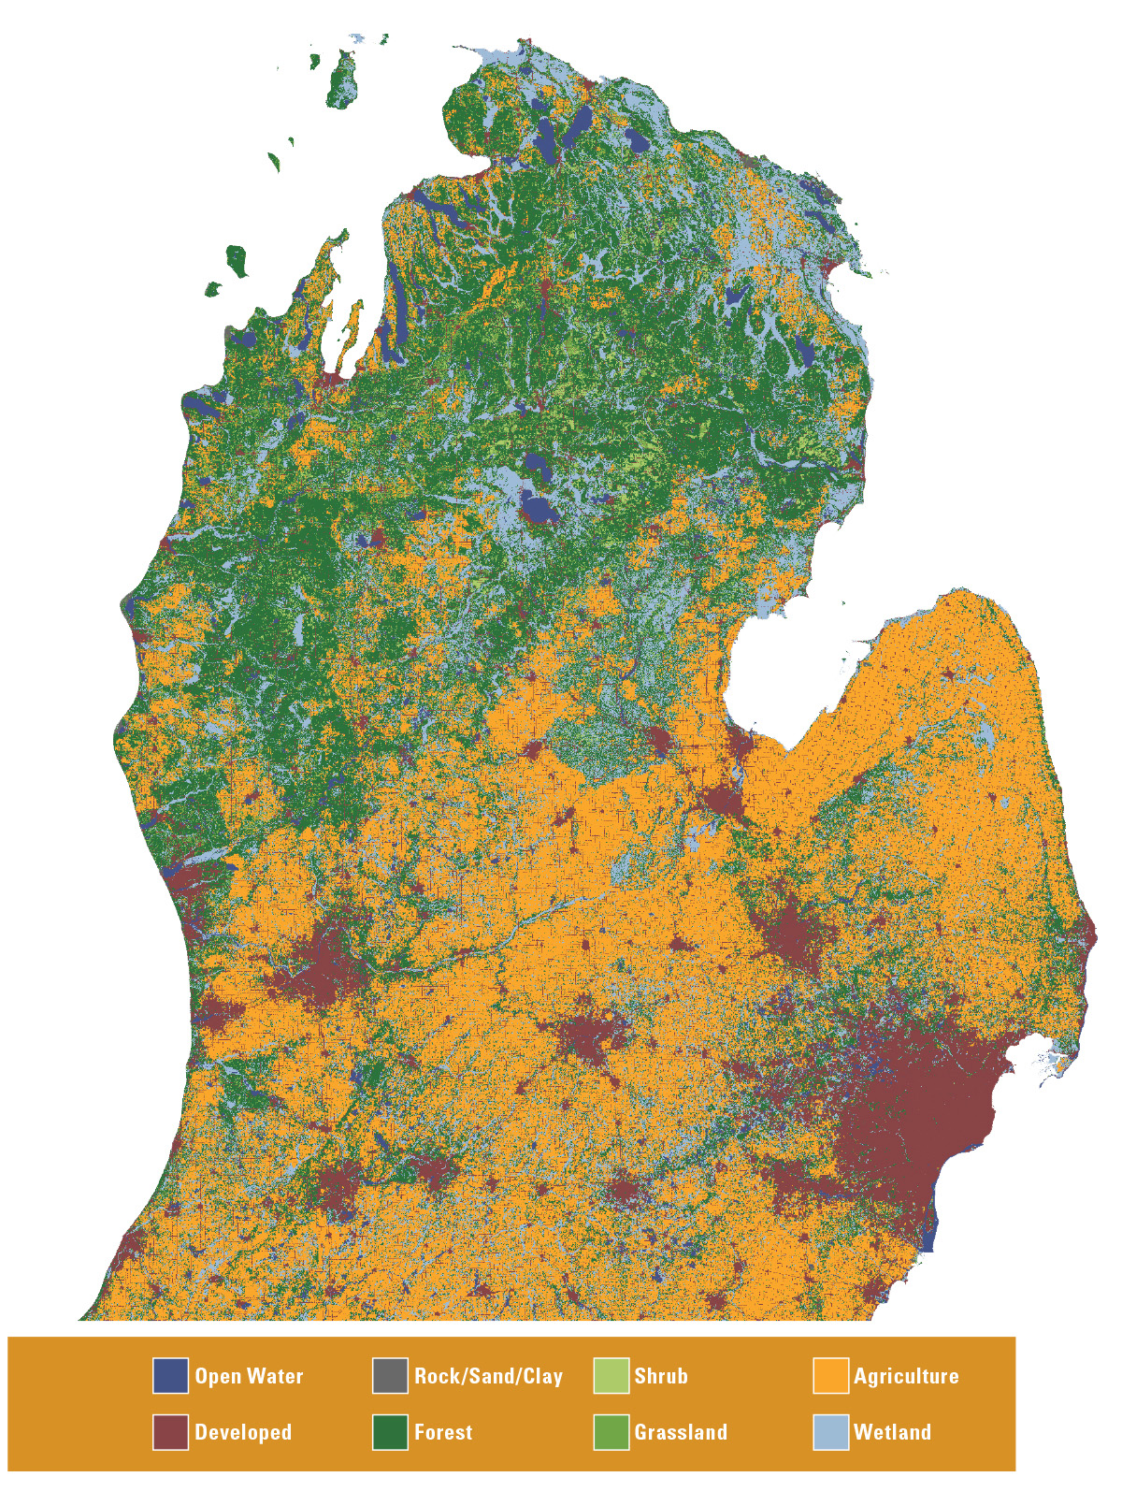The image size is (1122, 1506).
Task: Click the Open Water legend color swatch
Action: [x=170, y=1375]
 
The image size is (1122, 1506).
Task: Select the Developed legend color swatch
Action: [x=170, y=1431]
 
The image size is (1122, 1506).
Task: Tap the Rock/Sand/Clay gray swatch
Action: [x=390, y=1375]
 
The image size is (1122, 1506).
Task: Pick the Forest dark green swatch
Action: [x=390, y=1431]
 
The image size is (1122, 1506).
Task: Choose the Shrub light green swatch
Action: [x=611, y=1375]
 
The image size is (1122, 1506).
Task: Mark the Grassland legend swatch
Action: [x=611, y=1431]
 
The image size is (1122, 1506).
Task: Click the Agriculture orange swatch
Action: [x=830, y=1375]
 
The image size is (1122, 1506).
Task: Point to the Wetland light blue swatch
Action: [x=830, y=1431]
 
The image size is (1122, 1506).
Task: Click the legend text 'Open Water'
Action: [x=249, y=1376]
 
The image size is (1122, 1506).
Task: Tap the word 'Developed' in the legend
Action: [x=243, y=1432]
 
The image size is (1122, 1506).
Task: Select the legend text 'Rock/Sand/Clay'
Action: [x=488, y=1376]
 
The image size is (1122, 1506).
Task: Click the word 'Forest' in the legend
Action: [x=443, y=1432]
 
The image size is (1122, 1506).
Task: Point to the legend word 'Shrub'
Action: [x=661, y=1376]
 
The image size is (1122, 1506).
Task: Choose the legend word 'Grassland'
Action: [x=681, y=1432]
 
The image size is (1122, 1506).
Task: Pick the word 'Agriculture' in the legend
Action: [x=906, y=1376]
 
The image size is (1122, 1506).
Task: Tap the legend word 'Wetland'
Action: [x=892, y=1432]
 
